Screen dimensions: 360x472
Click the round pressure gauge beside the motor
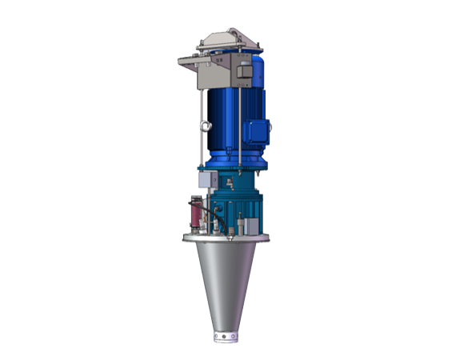[x=206, y=126]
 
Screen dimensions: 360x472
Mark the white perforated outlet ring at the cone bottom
[x=225, y=335]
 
